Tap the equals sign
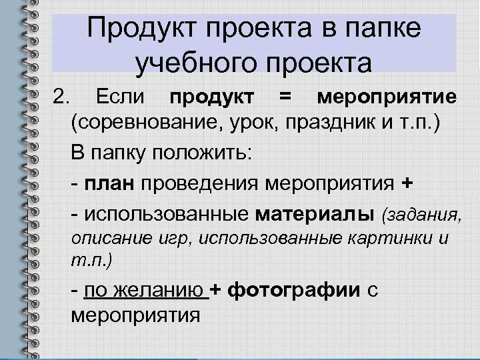(285, 98)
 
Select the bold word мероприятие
(387, 98)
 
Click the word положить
(206, 153)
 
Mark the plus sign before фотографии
(216, 290)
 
